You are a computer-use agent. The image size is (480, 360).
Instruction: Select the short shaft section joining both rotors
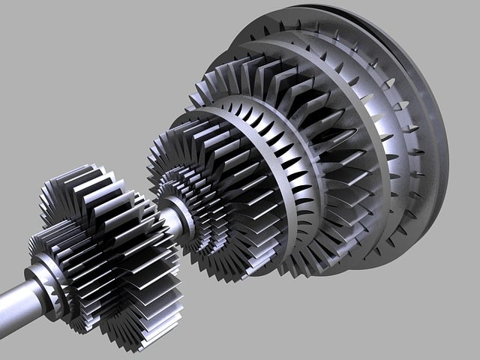click(x=170, y=217)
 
